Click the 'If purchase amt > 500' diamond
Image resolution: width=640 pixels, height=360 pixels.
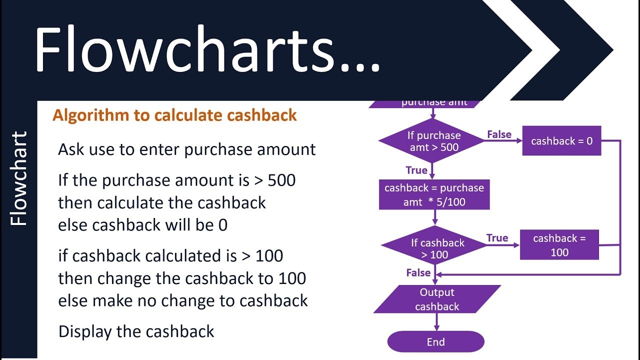pyautogui.click(x=432, y=141)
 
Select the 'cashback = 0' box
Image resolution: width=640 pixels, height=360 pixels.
pyautogui.click(x=561, y=141)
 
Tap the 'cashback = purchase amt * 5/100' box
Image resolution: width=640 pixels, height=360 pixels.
pyautogui.click(x=434, y=195)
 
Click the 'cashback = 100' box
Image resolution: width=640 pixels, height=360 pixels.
pyautogui.click(x=559, y=245)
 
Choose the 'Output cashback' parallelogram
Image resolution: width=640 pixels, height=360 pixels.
pyautogui.click(x=437, y=299)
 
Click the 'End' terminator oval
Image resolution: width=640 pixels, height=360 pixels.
pyautogui.click(x=435, y=342)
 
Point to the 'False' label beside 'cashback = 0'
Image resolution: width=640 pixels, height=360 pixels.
pyautogui.click(x=499, y=134)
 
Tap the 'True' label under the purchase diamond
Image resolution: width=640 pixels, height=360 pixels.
pyautogui.click(x=416, y=170)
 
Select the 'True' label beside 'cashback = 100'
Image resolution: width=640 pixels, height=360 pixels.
pyautogui.click(x=497, y=238)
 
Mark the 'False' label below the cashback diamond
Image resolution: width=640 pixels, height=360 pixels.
pyautogui.click(x=418, y=272)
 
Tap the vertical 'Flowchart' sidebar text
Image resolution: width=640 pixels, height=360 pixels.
pyautogui.click(x=18, y=178)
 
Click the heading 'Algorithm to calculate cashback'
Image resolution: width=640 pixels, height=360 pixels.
pyautogui.click(x=174, y=115)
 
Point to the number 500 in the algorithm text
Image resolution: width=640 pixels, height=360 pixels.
pyautogui.click(x=281, y=180)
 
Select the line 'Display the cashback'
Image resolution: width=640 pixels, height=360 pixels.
pyautogui.click(x=136, y=331)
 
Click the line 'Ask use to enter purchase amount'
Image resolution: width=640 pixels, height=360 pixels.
pyautogui.click(x=186, y=149)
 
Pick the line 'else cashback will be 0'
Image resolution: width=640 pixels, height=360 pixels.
pyautogui.click(x=142, y=225)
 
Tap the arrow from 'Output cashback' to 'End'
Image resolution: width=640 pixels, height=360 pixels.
pyautogui.click(x=436, y=322)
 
